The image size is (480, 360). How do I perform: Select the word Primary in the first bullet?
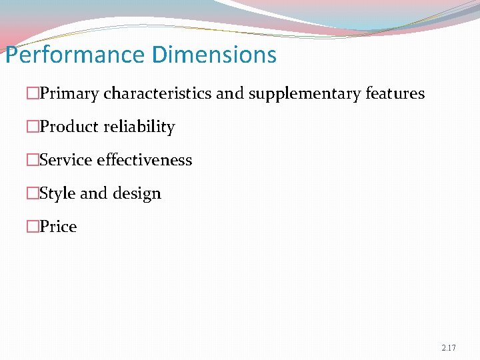click(70, 94)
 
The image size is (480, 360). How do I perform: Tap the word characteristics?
click(158, 93)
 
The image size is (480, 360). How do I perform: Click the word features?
click(395, 93)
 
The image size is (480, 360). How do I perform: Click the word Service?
click(66, 160)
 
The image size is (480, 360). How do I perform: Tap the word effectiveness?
click(145, 160)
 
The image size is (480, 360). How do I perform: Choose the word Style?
click(58, 194)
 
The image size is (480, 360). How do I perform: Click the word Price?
click(58, 227)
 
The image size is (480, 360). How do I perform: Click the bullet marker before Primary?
click(33, 94)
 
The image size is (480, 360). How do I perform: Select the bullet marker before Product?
click(33, 127)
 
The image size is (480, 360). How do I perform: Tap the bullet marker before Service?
click(33, 161)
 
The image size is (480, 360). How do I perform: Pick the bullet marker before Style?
click(33, 194)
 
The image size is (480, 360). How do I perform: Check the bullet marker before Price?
click(33, 227)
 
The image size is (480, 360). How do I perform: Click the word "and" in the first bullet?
click(230, 93)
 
